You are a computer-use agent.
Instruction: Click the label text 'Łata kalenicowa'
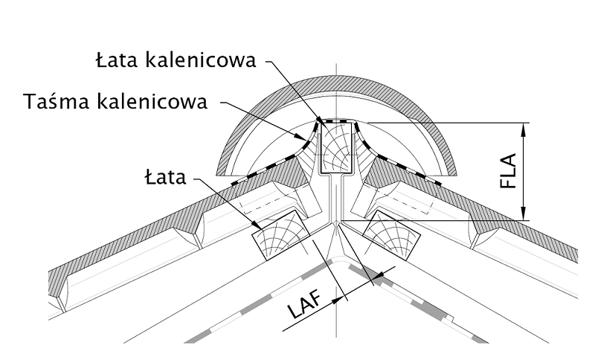pos(176,60)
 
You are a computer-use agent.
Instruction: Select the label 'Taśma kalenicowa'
pos(115,101)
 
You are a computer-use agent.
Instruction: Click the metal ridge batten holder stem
pos(336,197)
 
